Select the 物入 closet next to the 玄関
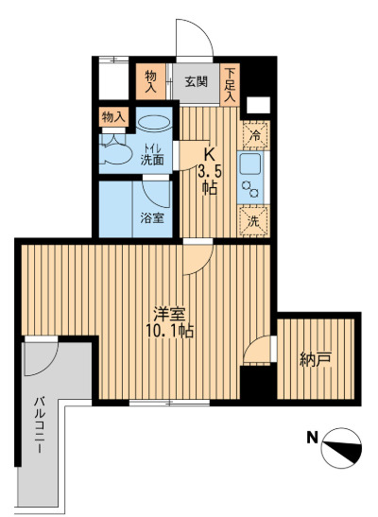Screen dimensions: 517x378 pyautogui.click(x=151, y=79)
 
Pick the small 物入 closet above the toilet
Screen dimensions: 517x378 pyautogui.click(x=112, y=117)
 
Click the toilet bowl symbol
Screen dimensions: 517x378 pyautogui.click(x=114, y=152)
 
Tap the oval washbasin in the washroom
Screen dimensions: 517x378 pyautogui.click(x=153, y=122)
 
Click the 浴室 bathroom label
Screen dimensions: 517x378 pyautogui.click(x=151, y=217)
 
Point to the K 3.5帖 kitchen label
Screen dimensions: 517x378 pyautogui.click(x=210, y=170)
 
